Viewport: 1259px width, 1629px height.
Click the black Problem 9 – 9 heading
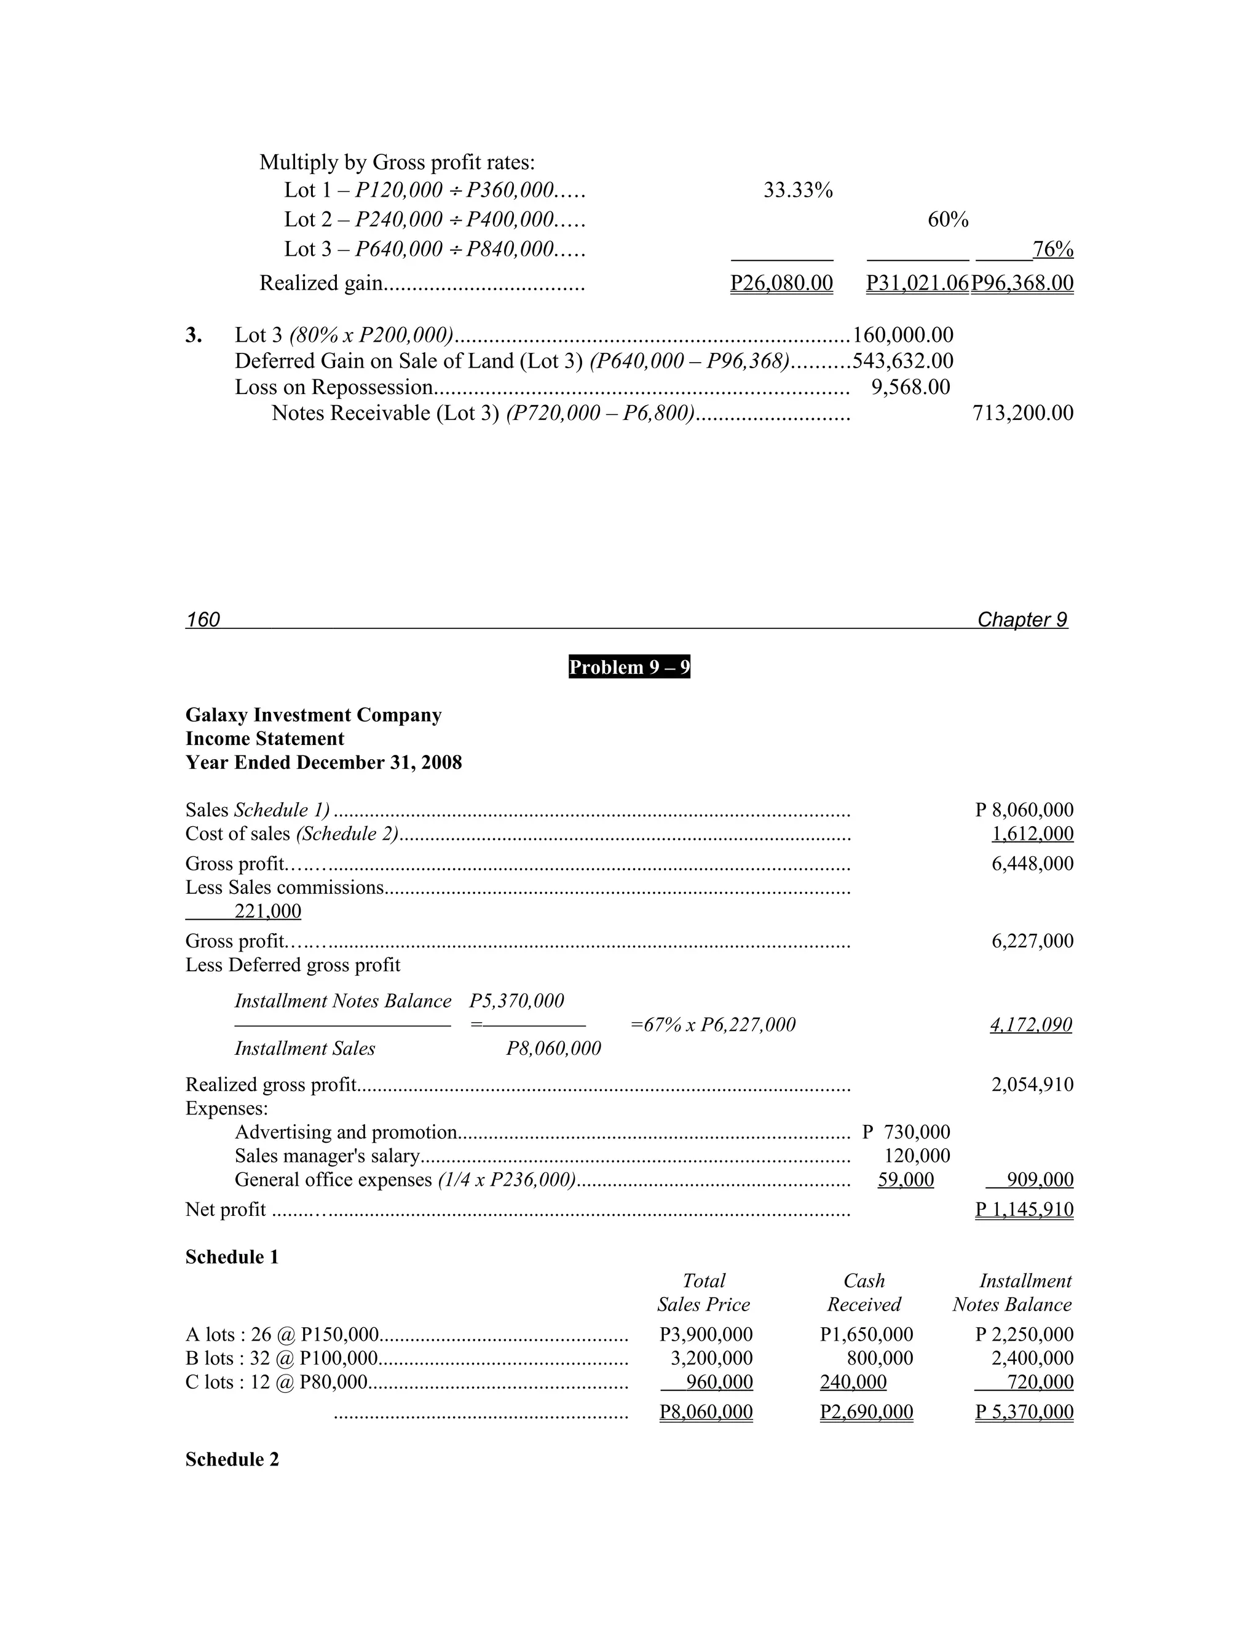click(629, 667)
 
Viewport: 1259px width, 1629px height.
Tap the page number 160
click(203, 620)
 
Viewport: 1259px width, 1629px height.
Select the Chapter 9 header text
click(1022, 620)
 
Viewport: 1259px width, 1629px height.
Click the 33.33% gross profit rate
click(797, 191)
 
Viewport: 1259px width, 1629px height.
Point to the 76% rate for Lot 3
click(1052, 249)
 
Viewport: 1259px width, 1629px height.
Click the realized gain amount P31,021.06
click(917, 283)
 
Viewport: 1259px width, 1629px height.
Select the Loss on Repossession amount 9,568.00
click(910, 387)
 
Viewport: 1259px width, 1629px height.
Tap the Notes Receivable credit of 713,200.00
click(1022, 413)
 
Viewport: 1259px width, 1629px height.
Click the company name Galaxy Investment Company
click(314, 716)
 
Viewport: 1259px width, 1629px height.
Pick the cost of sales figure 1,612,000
click(1032, 834)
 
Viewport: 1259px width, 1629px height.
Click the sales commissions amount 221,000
click(267, 912)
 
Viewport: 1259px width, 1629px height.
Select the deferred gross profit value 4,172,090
click(1031, 1025)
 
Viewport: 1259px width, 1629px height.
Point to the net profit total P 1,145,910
click(1024, 1210)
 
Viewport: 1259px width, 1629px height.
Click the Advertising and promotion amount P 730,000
click(906, 1132)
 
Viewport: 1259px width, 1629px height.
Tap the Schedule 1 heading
click(232, 1258)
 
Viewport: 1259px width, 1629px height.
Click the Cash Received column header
click(864, 1293)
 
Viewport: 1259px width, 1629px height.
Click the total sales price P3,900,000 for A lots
click(706, 1335)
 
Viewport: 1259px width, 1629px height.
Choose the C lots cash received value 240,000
click(853, 1382)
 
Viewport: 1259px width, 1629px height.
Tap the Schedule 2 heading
click(232, 1460)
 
